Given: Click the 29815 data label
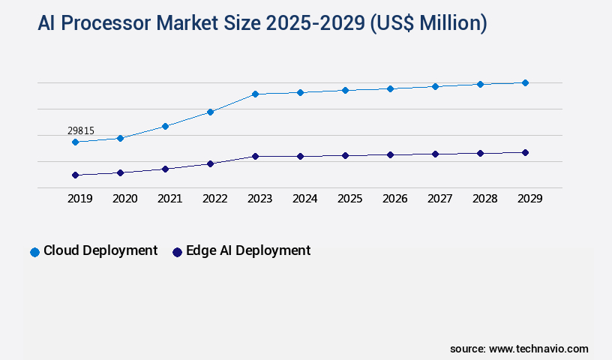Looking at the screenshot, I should (81, 130).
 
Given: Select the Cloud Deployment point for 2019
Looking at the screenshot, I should (75, 142).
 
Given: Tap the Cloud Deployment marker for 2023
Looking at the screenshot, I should (255, 94).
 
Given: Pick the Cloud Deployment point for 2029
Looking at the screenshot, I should (525, 82).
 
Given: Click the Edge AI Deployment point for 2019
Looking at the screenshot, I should (75, 175).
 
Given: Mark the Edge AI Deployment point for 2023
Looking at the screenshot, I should (255, 156).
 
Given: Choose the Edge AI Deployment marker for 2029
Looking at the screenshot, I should (525, 152).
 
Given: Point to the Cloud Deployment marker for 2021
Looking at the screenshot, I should (165, 126).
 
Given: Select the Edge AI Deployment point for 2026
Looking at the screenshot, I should (390, 154).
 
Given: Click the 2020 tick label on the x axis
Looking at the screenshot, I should (124, 199).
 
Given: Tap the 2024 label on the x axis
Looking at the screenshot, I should (304, 199).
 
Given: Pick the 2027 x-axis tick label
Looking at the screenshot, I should (439, 199).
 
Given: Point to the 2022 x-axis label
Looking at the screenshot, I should (214, 199).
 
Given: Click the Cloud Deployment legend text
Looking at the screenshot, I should (100, 250).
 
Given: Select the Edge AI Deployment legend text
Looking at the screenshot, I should (247, 250).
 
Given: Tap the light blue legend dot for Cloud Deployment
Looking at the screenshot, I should (34, 252).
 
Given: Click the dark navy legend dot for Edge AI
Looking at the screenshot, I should (177, 252).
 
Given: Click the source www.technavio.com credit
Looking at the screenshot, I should (519, 349).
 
